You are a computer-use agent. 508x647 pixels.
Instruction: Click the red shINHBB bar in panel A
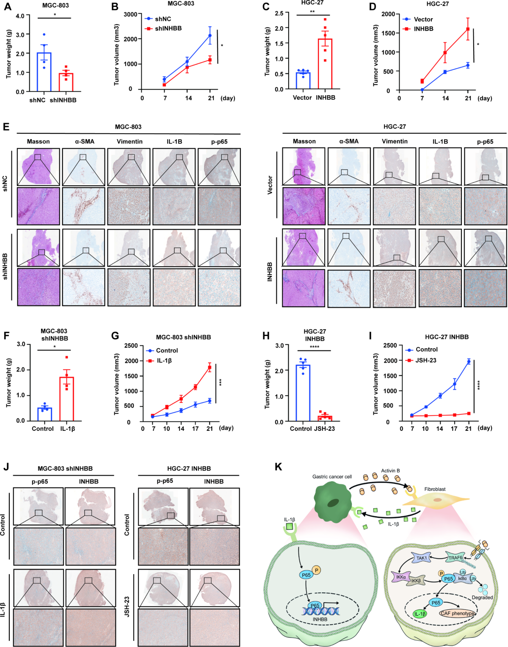click(66, 83)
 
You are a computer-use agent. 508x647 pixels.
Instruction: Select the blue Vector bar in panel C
click(303, 81)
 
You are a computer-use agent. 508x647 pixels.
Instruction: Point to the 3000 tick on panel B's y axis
click(130, 14)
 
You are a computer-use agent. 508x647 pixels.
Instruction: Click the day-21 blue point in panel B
click(210, 36)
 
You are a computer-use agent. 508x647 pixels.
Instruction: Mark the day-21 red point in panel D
click(468, 29)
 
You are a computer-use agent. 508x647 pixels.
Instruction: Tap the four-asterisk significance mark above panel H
click(314, 347)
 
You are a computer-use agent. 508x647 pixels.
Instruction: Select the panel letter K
click(279, 467)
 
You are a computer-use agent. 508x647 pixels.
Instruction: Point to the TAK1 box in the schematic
click(422, 558)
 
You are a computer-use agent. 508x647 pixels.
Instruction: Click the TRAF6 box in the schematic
click(456, 558)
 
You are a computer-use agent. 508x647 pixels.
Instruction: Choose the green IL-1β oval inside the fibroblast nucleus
click(420, 614)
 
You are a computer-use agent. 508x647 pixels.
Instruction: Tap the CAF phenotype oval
click(457, 613)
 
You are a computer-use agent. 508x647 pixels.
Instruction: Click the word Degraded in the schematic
click(482, 597)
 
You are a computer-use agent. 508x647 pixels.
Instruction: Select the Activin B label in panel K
click(390, 471)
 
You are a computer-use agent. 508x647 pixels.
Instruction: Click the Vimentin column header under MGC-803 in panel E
click(130, 141)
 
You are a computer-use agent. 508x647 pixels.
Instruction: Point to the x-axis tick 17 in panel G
click(195, 429)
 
